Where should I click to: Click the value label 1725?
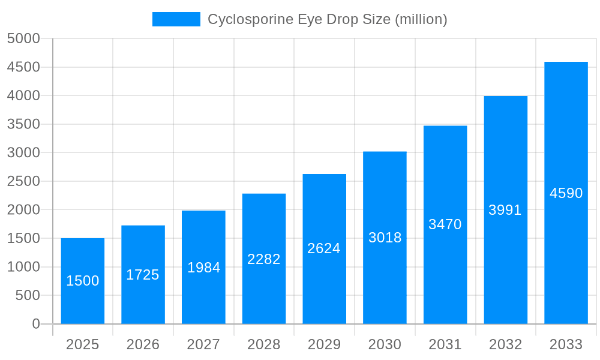point(143,275)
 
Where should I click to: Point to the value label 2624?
point(324,248)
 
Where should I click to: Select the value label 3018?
point(385,238)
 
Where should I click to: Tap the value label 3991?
point(505,210)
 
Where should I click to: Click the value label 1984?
point(204,268)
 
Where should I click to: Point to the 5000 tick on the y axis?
point(23,38)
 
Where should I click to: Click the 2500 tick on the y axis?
point(23,181)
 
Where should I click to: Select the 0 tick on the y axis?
point(36,324)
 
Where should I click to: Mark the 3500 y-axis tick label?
point(23,124)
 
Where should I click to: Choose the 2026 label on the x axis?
point(143,344)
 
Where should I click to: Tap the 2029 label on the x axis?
point(324,344)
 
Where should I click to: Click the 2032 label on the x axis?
point(505,344)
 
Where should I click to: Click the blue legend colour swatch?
point(176,19)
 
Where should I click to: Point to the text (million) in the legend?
point(421,19)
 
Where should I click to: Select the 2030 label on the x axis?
point(385,344)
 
